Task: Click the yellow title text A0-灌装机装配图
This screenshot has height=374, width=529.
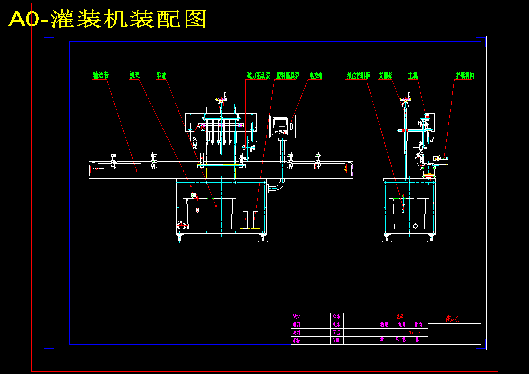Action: pyautogui.click(x=107, y=19)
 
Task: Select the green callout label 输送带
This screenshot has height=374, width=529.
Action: pyautogui.click(x=101, y=76)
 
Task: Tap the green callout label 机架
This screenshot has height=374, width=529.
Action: pyautogui.click(x=134, y=76)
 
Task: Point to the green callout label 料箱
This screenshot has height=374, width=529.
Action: pyautogui.click(x=162, y=76)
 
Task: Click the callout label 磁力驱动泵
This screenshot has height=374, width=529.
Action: pyautogui.click(x=258, y=76)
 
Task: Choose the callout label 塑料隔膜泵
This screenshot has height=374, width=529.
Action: pyautogui.click(x=287, y=76)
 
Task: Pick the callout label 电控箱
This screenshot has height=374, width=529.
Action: pyautogui.click(x=316, y=76)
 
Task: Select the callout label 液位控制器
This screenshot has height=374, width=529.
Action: pyautogui.click(x=359, y=76)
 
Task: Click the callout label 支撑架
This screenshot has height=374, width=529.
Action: pyautogui.click(x=386, y=76)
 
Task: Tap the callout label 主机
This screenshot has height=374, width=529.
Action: pyautogui.click(x=413, y=76)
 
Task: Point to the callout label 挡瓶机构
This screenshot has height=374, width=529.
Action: pyautogui.click(x=464, y=76)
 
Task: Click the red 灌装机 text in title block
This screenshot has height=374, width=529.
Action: pyautogui.click(x=452, y=319)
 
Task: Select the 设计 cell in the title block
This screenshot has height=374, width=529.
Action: pyautogui.click(x=296, y=317)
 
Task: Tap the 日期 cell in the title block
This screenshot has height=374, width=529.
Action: pyautogui.click(x=336, y=340)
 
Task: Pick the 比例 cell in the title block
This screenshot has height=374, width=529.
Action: pyautogui.click(x=419, y=325)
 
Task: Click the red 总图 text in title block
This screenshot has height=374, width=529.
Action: pyautogui.click(x=400, y=317)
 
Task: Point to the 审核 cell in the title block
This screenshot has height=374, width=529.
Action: pyautogui.click(x=296, y=340)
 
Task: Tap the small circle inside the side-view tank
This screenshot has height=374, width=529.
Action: pyautogui.click(x=416, y=225)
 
